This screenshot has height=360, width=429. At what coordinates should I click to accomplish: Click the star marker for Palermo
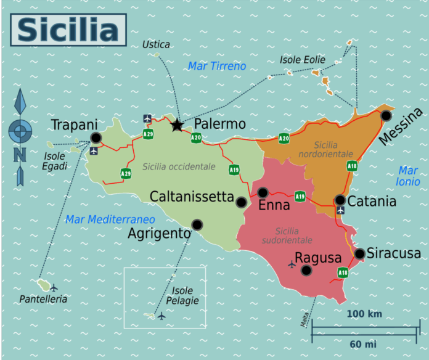177,125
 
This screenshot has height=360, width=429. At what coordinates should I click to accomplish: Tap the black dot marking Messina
386,115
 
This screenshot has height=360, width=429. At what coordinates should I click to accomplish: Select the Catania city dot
340,200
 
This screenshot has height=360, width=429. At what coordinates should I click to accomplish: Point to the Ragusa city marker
306,270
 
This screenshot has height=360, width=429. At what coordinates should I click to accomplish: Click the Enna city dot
263,192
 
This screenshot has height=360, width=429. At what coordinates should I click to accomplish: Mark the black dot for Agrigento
197,224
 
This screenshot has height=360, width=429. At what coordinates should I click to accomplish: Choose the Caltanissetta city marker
241,202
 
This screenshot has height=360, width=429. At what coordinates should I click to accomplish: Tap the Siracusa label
394,253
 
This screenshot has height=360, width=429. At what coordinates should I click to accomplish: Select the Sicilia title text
68,30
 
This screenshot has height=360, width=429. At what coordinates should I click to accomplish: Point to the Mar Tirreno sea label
217,66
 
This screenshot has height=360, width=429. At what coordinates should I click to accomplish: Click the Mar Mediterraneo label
110,219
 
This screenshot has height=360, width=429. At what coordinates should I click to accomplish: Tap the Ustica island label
156,44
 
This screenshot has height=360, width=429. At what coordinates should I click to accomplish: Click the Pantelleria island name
43,299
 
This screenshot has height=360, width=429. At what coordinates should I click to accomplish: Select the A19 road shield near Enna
300,197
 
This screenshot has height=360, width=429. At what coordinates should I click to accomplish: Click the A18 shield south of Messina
352,165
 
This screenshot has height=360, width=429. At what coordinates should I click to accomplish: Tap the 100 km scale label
364,314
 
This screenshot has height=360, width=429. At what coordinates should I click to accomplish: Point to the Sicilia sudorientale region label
285,235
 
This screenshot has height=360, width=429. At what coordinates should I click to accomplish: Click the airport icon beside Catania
340,211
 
